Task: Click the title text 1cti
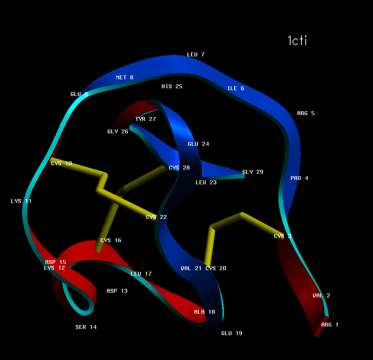pos(297,40)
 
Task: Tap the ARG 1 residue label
pos(330,325)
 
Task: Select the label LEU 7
pos(196,55)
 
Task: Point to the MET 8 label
pos(124,78)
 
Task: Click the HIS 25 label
pos(172,87)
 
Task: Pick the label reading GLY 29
pos(253,172)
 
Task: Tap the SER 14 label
pos(86,327)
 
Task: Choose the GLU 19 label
pos(232,334)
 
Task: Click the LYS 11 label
pos(21,201)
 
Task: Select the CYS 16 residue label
pos(111,241)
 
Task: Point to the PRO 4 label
pos(299,178)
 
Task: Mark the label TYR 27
pos(145,119)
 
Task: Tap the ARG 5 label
pos(306,114)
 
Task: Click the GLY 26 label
pos(118,132)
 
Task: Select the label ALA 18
pos(205,312)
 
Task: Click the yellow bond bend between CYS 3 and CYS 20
pos(242,214)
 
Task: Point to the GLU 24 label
pos(198,144)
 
